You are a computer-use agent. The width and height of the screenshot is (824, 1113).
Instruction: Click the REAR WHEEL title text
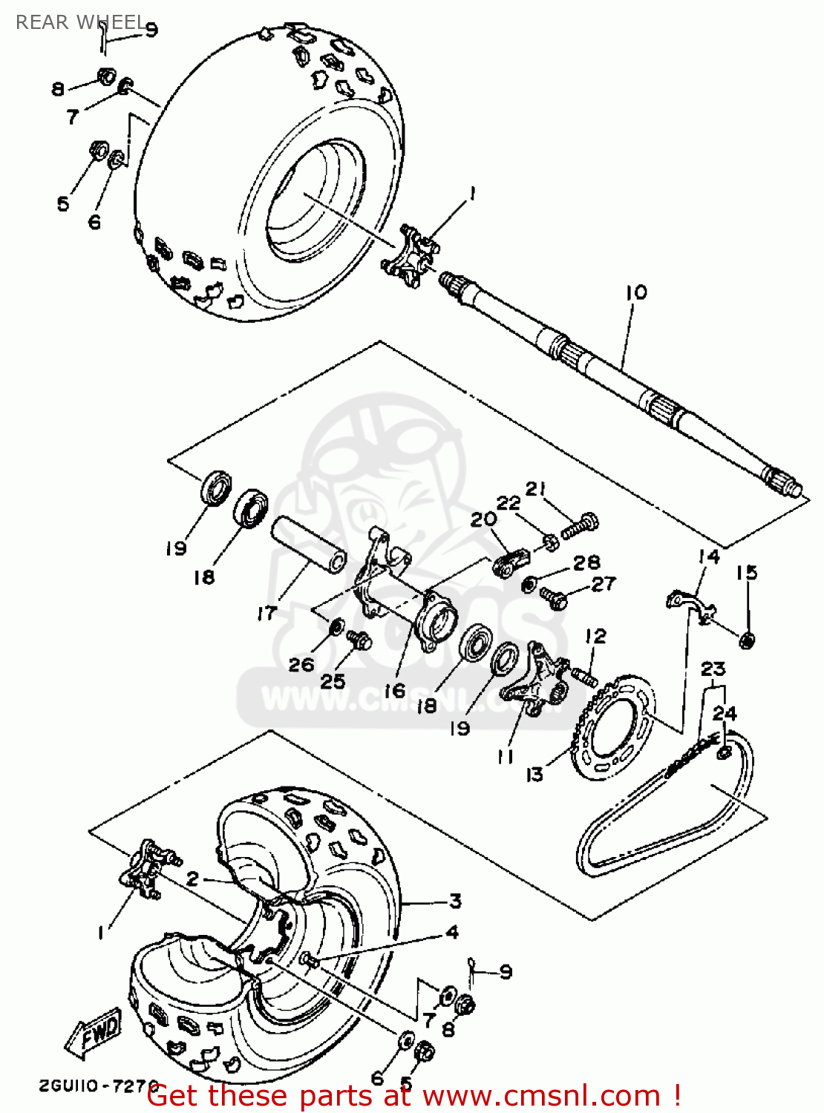[80, 22]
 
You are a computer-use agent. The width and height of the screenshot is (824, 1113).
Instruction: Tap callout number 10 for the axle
[636, 292]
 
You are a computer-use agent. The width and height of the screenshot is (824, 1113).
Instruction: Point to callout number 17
[267, 613]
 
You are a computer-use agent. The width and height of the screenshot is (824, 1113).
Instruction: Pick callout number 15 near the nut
[747, 572]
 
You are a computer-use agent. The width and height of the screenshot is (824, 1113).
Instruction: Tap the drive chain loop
[661, 824]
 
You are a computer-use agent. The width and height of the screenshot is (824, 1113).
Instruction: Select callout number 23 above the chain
[713, 669]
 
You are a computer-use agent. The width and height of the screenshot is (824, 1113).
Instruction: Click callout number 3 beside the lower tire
[454, 901]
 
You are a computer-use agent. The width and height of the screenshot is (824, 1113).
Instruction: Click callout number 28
[586, 562]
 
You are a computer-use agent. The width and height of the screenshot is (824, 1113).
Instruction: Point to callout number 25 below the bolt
[333, 680]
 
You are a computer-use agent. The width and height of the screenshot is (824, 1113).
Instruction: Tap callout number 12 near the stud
[595, 636]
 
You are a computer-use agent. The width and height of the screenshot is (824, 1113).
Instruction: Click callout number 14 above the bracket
[709, 556]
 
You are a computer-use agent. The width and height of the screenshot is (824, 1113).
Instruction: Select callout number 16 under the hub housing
[394, 690]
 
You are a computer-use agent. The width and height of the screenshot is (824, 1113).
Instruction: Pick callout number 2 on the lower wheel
[192, 879]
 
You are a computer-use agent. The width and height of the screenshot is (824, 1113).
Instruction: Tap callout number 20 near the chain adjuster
[483, 519]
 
